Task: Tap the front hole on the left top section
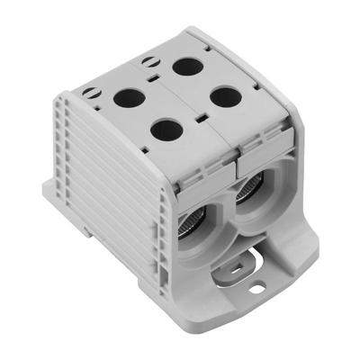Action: (166, 130)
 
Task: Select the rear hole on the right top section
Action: (187, 65)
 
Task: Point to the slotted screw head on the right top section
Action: (147, 62)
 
